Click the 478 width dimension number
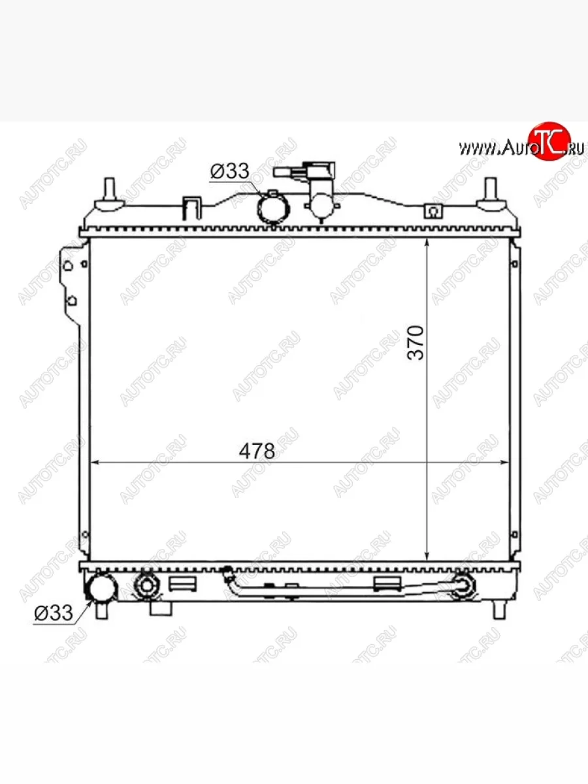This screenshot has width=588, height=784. (257, 451)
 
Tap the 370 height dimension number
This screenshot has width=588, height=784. (416, 343)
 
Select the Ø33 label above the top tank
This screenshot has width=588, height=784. (229, 171)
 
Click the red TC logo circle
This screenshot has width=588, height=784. (549, 141)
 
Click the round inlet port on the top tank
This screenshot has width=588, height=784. (273, 208)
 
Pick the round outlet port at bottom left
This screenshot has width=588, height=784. (101, 587)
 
